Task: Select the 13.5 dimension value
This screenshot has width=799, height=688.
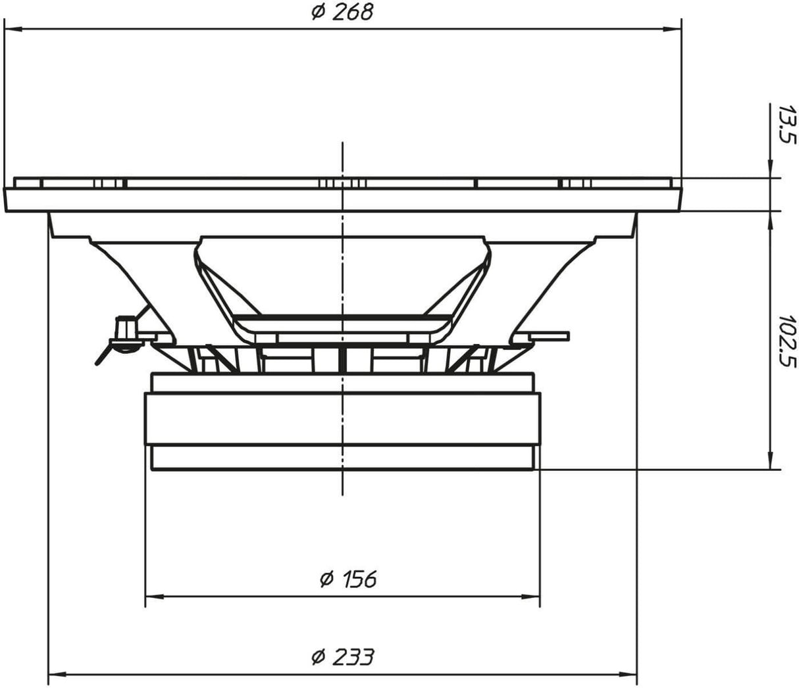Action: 787,129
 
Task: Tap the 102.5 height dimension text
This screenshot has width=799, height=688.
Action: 787,342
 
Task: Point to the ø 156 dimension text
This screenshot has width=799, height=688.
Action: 348,579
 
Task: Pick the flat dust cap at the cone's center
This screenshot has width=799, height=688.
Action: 342,324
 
